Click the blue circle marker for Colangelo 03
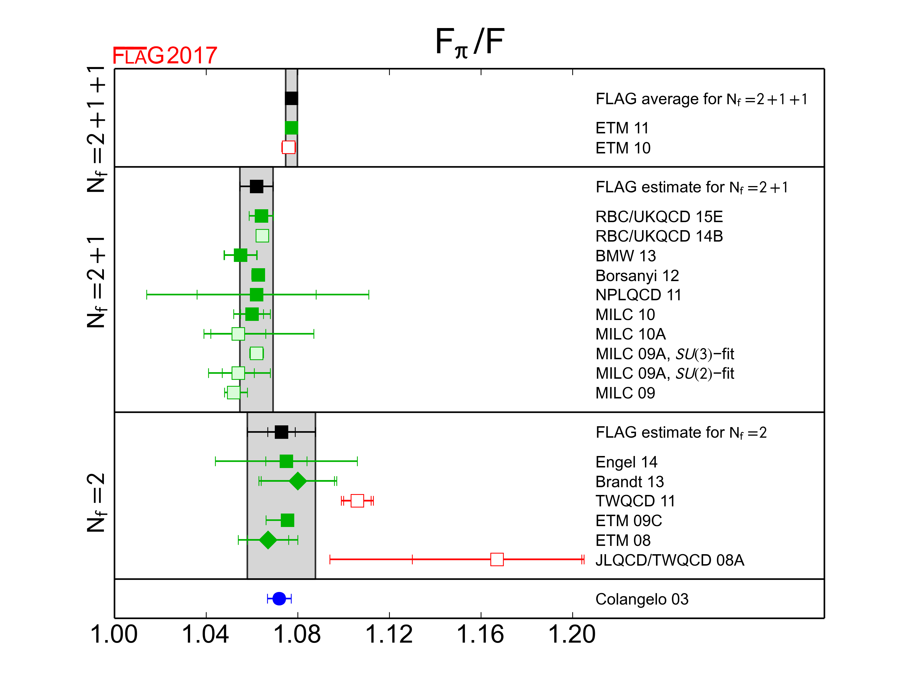tap(279, 599)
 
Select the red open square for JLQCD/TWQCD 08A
tap(497, 559)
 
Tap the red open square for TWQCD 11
tap(357, 501)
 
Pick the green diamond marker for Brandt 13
tap(298, 481)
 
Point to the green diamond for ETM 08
tap(268, 540)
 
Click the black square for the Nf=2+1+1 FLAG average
tap(291, 98)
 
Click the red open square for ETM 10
tap(289, 147)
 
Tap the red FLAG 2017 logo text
tap(165, 56)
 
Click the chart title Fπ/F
tap(470, 43)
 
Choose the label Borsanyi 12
tap(637, 275)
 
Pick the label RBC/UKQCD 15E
tap(659, 217)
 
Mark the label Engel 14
tap(626, 462)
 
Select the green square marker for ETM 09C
tap(287, 520)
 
